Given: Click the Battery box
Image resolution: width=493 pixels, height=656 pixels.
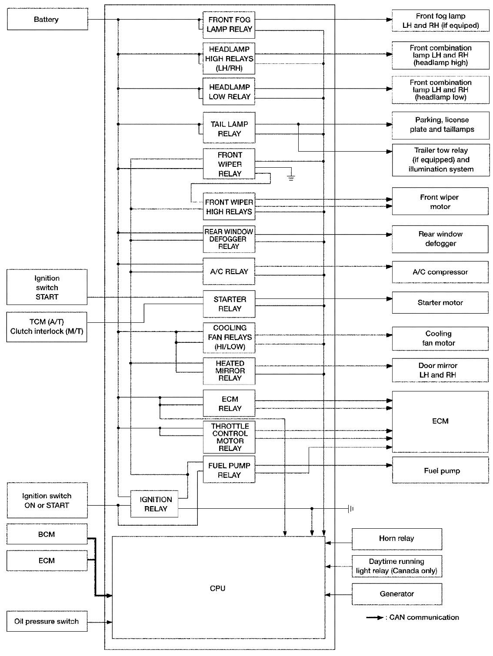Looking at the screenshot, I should point(47,20).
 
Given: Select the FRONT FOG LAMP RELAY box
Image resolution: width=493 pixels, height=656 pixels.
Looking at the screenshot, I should point(229,24).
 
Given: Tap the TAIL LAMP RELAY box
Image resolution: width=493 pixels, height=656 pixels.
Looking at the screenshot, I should point(229,129).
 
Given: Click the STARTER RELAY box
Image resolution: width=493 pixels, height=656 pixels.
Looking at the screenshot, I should point(229,304).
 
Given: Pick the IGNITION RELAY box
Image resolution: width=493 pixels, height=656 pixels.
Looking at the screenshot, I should point(155,504).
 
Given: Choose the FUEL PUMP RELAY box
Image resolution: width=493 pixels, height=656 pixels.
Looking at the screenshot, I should point(229,470).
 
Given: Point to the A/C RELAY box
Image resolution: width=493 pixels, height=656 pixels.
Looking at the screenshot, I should point(229,272).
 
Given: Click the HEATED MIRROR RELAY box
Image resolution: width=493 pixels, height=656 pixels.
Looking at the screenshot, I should point(229,371).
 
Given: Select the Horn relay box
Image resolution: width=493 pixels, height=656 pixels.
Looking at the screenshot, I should point(396,539).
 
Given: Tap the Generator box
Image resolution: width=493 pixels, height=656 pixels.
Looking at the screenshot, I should point(396,594).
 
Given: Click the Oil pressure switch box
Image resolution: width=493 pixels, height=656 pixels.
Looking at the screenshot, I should point(47,621).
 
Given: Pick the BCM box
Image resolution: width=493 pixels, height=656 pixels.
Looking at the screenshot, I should point(47,534).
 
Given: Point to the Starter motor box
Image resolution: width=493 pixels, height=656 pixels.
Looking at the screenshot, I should point(440,302).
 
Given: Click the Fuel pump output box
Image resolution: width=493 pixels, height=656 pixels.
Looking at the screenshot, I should point(440,470).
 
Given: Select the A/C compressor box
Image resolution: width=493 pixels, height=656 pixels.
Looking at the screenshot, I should point(440,272).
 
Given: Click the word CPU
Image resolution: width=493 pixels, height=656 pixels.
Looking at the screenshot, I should point(217,588).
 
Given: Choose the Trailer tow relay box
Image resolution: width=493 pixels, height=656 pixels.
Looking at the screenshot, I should point(440,160).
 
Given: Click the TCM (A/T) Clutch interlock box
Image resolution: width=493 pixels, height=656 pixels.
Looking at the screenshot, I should point(47,327).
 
